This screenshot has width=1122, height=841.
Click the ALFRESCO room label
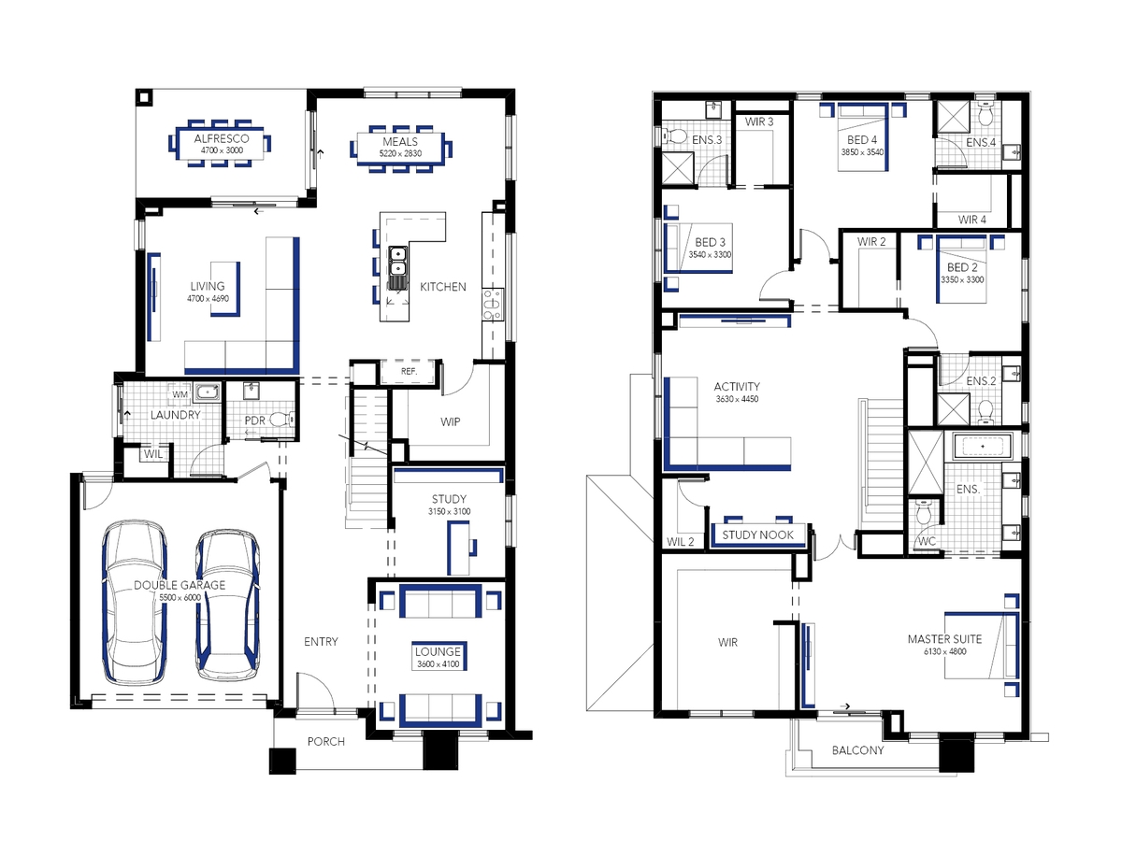222,138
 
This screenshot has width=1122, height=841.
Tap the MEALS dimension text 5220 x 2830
400,153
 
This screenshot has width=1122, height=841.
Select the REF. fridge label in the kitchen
409,371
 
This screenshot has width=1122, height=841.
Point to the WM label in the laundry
180,394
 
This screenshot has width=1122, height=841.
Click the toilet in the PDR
281,420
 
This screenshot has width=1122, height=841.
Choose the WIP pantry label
451,421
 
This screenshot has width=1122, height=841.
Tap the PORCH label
326,741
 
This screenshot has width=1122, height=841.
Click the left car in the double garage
135,602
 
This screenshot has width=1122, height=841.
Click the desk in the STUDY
458,548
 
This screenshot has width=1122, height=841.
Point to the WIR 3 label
758,121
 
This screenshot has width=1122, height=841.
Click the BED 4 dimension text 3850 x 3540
862,152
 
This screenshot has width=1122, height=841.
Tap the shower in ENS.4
952,118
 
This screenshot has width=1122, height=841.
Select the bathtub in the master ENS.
982,447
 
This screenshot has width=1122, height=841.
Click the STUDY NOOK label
757,535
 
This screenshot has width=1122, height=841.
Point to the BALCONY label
857,750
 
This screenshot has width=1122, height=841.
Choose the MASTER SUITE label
944,639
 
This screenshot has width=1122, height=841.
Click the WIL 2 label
681,542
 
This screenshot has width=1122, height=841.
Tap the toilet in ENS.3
675,136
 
